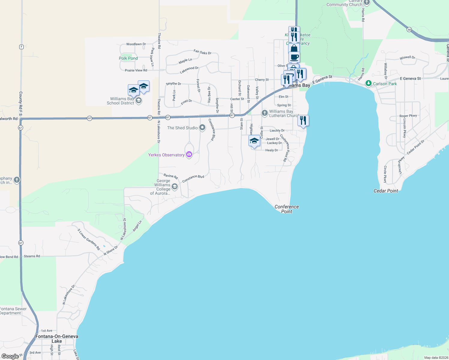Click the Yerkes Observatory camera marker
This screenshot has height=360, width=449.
pos(189,154)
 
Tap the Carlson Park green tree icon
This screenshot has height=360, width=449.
pos(368,83)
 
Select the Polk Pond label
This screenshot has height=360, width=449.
pos(128,58)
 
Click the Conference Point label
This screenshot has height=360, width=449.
pos(287,209)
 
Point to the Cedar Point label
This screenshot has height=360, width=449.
pos(386,191)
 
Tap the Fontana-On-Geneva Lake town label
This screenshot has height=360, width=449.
pos(57,339)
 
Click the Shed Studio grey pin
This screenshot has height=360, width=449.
pos(203,127)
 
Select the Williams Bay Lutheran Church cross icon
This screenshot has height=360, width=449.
pos(264,113)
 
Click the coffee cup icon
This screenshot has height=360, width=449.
pos(294,57)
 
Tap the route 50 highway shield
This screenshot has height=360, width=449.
pos(409,29)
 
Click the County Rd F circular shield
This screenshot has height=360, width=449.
pos(21,47)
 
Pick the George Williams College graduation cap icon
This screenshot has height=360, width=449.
pos(175,187)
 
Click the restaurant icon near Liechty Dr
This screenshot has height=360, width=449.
pos(303,121)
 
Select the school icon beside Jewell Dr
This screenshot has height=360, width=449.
pos(254,141)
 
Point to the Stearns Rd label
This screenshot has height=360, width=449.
pos(32,256)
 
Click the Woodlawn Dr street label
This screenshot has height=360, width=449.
pos(136,44)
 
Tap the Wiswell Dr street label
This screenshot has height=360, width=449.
pos(407,58)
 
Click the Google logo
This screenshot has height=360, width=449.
pos(10,356)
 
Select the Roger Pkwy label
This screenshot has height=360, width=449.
pos(408,116)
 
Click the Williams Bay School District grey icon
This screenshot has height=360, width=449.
pos(139,100)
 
